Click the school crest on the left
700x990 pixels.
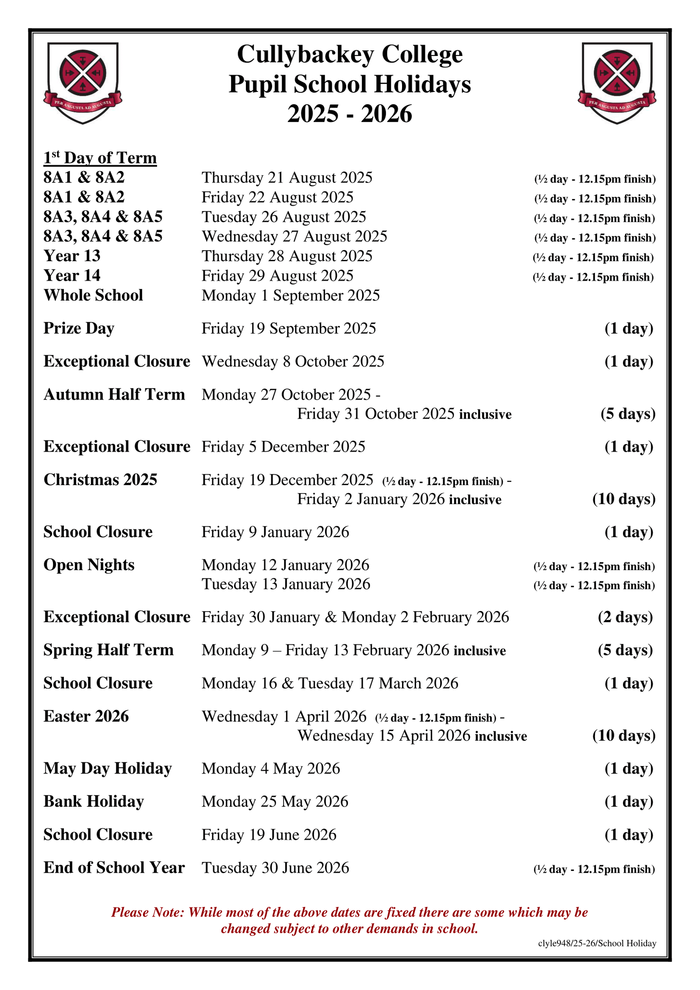(x=82, y=83)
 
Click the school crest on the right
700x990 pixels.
(x=616, y=83)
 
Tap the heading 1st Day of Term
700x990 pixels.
(x=100, y=158)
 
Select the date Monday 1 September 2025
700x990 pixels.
(x=290, y=295)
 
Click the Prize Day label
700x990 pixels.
(x=79, y=328)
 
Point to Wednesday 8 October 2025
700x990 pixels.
(x=293, y=361)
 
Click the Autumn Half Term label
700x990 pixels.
(x=114, y=394)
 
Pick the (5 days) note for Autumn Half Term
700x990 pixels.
(x=628, y=413)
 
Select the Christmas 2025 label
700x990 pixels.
(x=100, y=479)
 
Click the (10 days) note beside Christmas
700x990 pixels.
(x=624, y=499)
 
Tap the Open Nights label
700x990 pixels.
(x=89, y=565)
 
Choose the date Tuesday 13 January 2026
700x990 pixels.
(x=286, y=584)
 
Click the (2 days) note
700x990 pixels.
(x=625, y=617)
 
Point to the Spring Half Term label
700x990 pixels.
(x=108, y=650)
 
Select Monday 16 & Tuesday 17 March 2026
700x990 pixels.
(x=330, y=683)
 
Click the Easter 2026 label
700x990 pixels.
(x=86, y=716)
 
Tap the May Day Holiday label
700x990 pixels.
(x=108, y=768)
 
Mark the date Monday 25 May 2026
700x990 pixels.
(x=275, y=801)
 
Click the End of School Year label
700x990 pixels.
(x=114, y=868)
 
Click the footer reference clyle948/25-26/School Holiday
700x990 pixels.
(x=597, y=943)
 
